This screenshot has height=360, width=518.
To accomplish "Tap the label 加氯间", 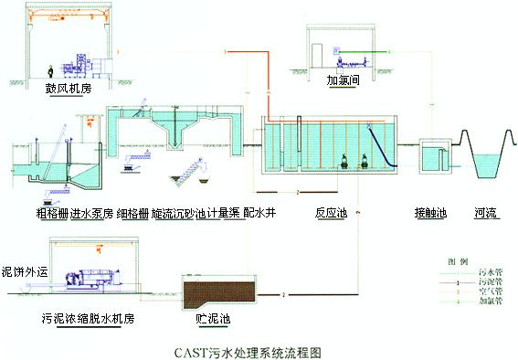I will pos(340,79).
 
